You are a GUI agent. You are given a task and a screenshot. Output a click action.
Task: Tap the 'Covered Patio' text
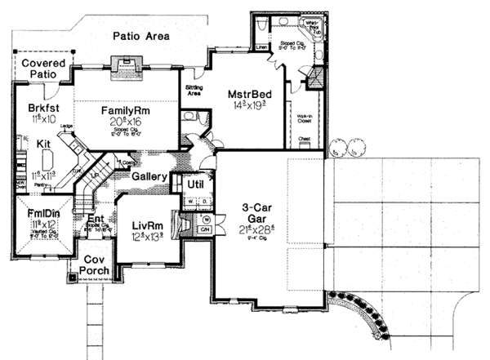tap(43, 69)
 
